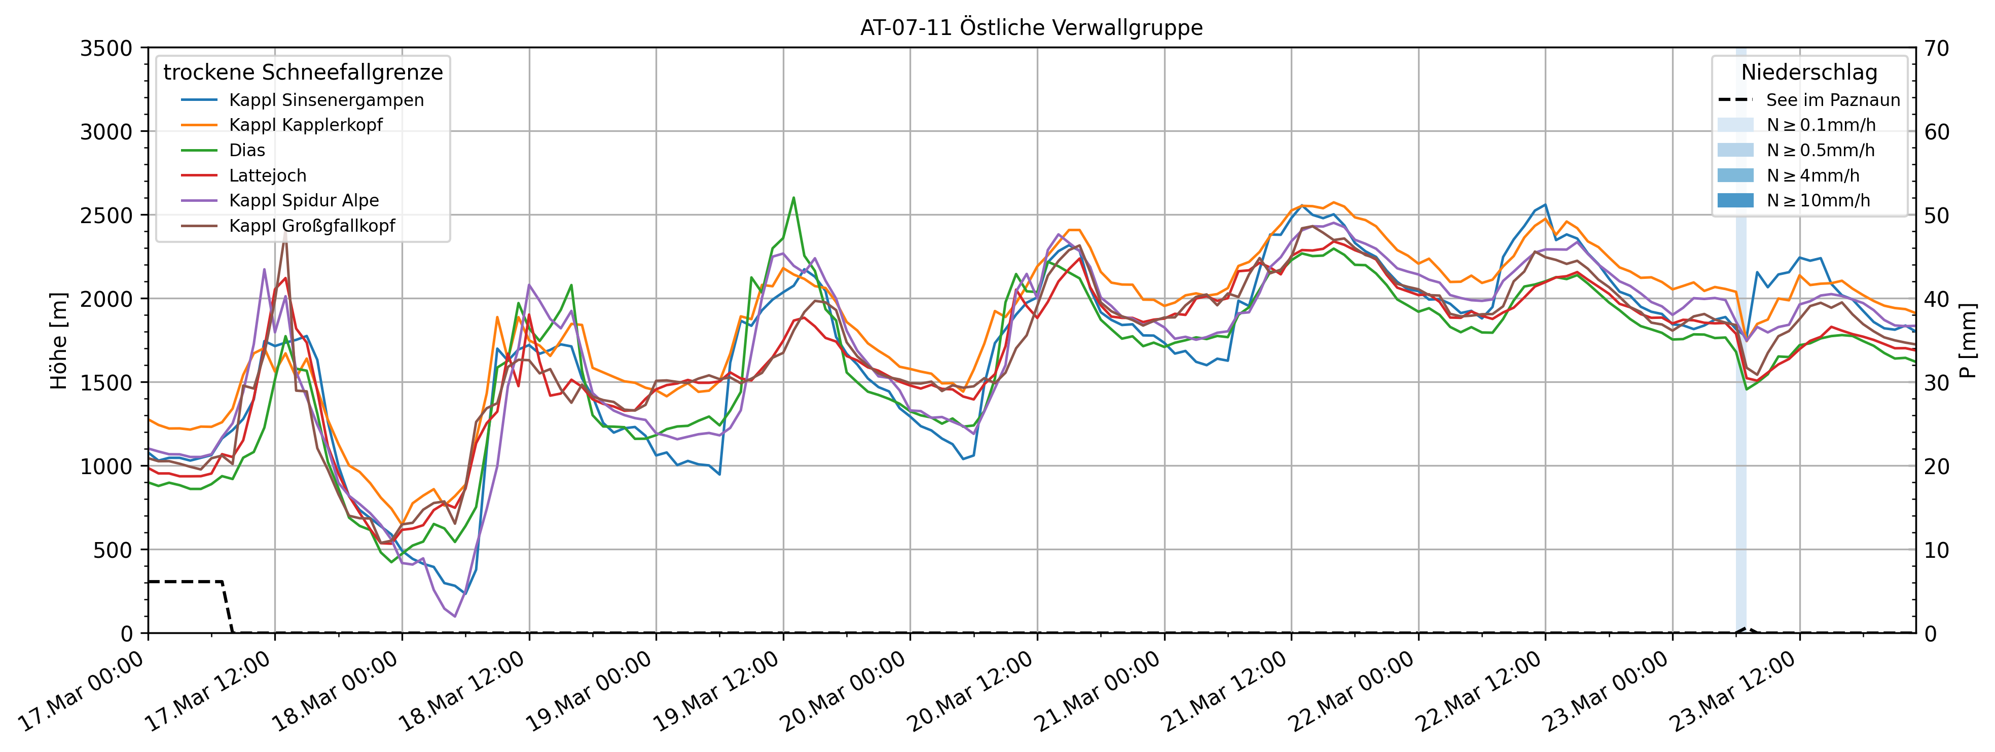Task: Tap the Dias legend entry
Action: point(246,150)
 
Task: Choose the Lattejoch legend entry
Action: point(267,176)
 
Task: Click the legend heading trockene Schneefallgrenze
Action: point(303,73)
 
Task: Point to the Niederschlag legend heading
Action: point(1809,73)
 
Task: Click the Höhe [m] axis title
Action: point(59,341)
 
